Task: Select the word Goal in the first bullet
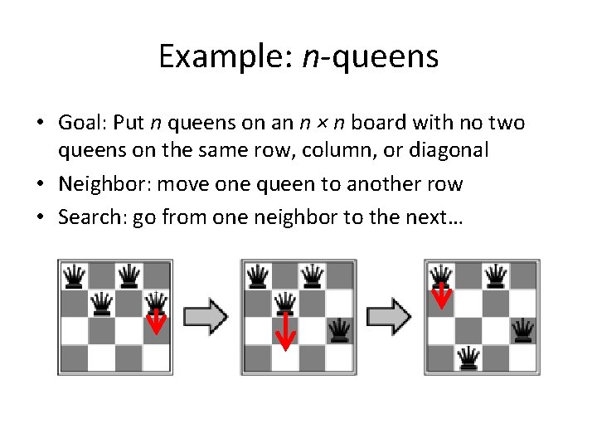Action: tap(80, 124)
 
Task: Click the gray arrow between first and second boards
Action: tap(205, 316)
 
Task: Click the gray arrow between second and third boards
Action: tap(389, 316)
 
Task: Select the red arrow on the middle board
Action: tap(285, 331)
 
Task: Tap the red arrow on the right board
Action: tap(442, 293)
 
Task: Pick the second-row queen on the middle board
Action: tap(285, 302)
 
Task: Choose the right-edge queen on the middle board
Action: tap(339, 330)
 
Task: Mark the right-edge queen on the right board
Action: tap(522, 330)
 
